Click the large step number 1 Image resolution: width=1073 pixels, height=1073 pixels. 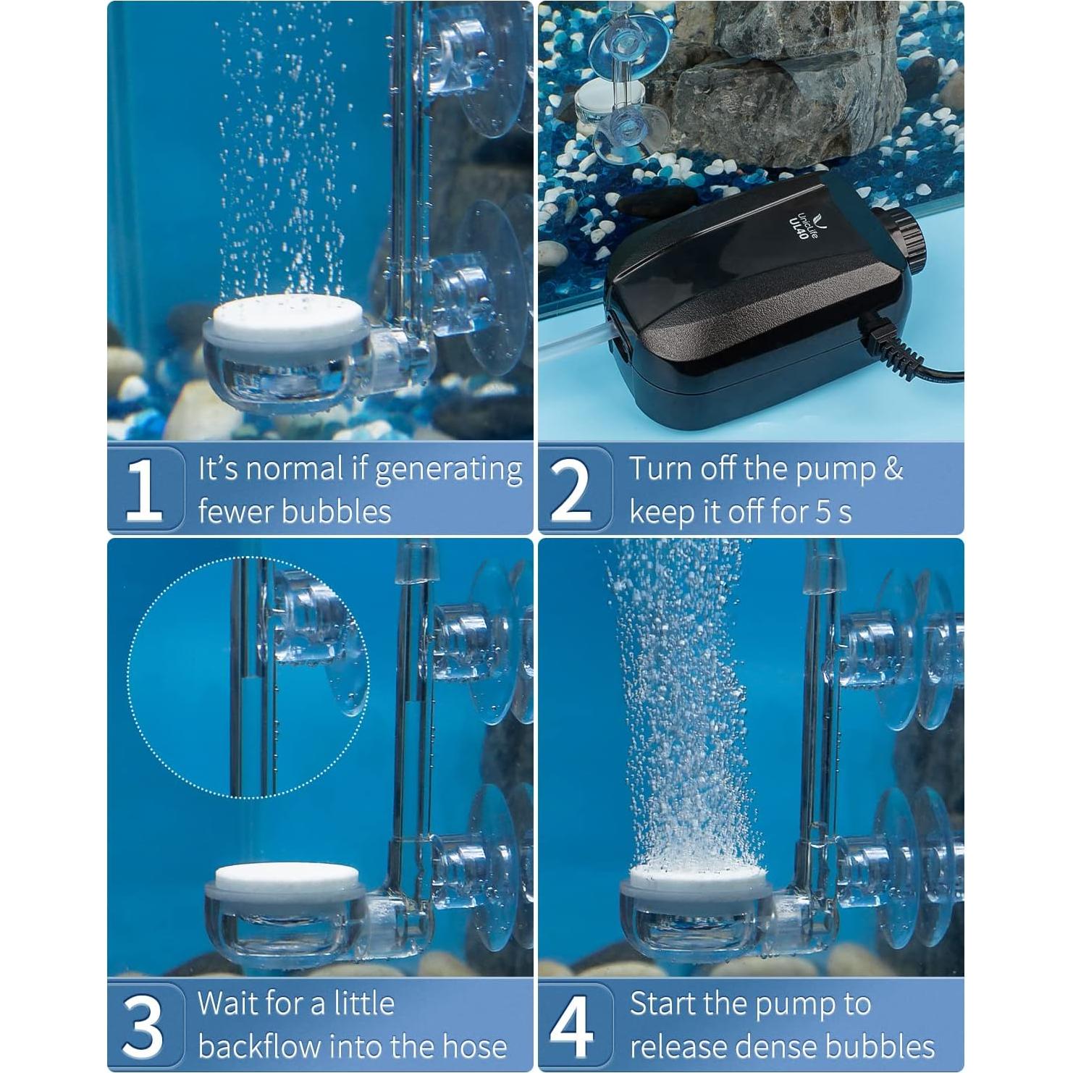pos(144,489)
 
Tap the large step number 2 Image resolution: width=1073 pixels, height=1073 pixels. pos(572,489)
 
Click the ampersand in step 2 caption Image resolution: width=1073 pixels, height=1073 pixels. pos(893,469)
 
